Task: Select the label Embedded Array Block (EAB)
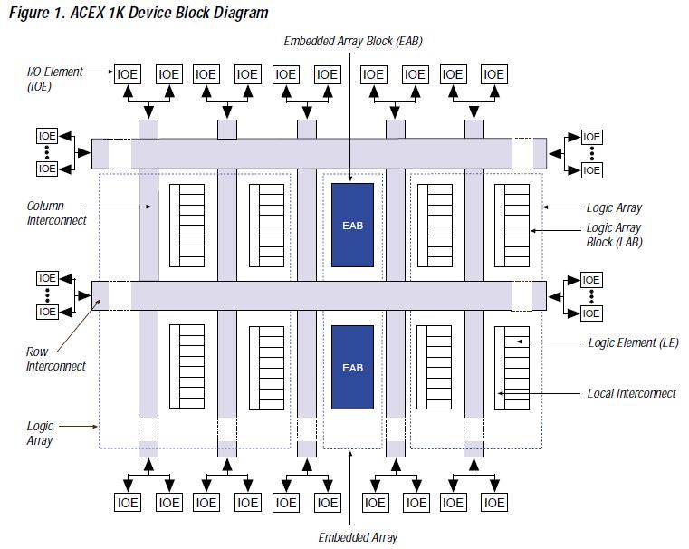coord(353,41)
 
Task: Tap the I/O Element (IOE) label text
coord(54,79)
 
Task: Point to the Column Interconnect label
coord(56,213)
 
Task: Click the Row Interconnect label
coord(56,359)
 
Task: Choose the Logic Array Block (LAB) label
coord(614,236)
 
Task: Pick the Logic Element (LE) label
coord(633,342)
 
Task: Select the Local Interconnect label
coord(632,393)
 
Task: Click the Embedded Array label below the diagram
coord(358,537)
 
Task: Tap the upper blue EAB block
coord(353,225)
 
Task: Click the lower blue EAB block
coord(353,367)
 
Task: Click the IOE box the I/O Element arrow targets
coord(128,74)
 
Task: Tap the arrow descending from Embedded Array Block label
coord(353,109)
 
